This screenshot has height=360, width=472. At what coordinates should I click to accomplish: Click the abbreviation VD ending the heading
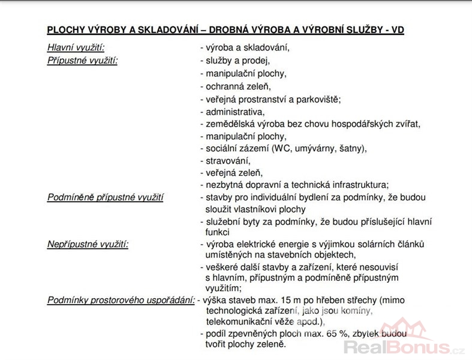[398, 29]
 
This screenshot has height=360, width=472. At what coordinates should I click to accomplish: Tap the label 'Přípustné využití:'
[82, 61]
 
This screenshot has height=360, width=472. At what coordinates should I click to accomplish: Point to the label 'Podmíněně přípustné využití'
[106, 197]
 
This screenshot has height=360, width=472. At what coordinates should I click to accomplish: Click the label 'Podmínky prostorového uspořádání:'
[121, 300]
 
